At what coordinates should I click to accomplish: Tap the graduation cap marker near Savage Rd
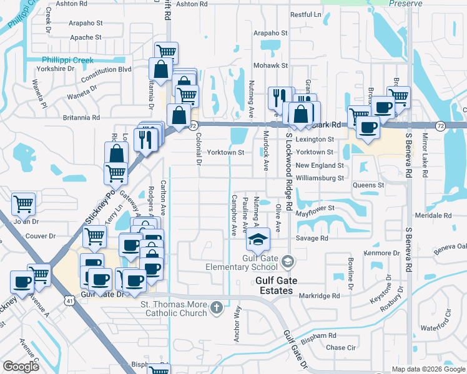click(258, 238)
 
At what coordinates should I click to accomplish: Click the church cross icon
click(217, 307)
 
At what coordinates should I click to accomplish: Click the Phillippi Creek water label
click(67, 60)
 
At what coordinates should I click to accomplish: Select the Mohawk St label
click(270, 65)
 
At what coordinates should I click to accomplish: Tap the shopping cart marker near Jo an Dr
click(23, 203)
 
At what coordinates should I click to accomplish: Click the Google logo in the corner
click(21, 367)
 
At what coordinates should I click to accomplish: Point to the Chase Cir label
click(340, 348)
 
